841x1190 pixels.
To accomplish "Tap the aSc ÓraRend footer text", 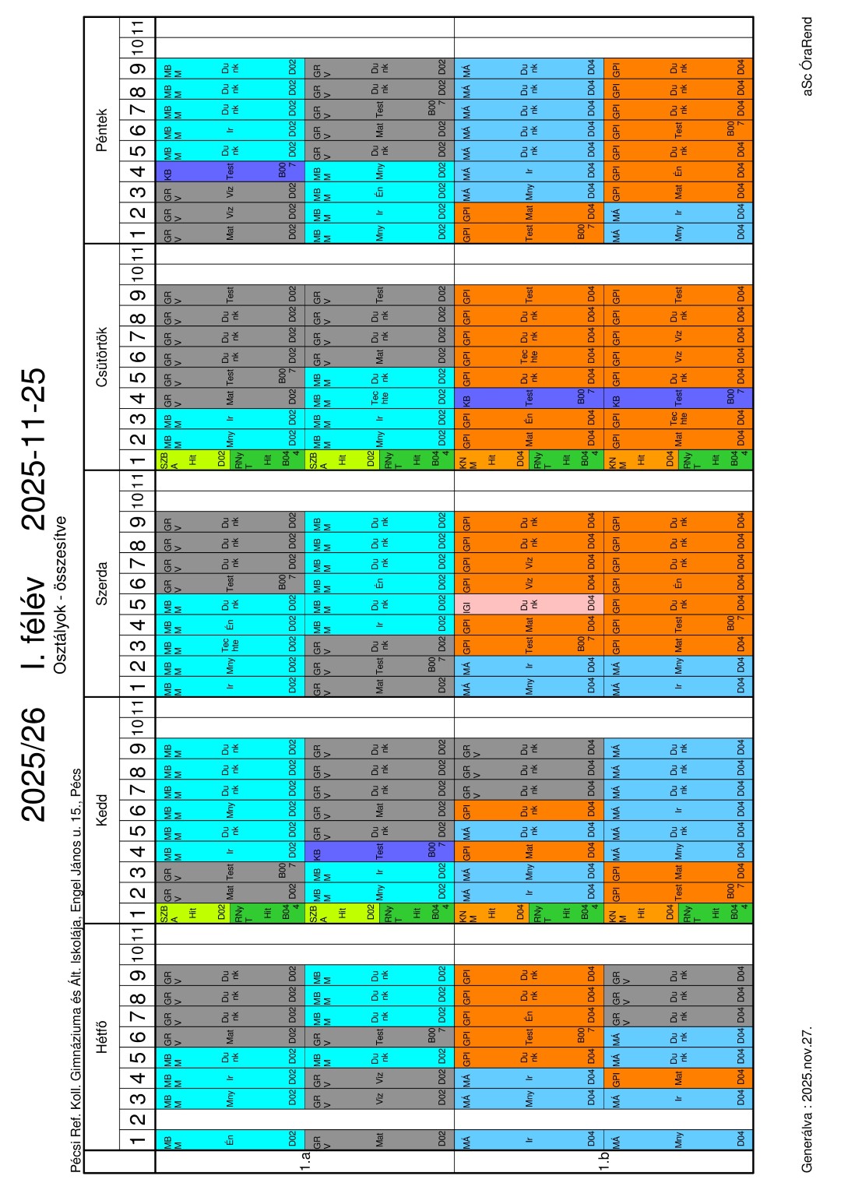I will [808, 57].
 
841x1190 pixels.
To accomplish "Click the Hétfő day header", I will [102, 1036].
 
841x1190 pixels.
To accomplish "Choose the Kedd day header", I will [102, 810].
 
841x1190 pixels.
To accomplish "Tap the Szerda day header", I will [102, 583].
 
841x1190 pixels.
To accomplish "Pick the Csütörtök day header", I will [102, 357].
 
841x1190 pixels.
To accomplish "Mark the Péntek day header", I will [102, 130].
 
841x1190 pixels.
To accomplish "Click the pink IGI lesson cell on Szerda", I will [529, 604].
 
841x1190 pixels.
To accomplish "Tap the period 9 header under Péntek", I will [138, 69].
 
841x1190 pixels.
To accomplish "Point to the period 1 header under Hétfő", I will [138, 1140].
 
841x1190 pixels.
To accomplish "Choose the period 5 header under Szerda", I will [138, 604].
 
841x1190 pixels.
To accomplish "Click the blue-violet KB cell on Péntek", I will [230, 171].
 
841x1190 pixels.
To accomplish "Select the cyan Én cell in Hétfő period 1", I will [230, 1140].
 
